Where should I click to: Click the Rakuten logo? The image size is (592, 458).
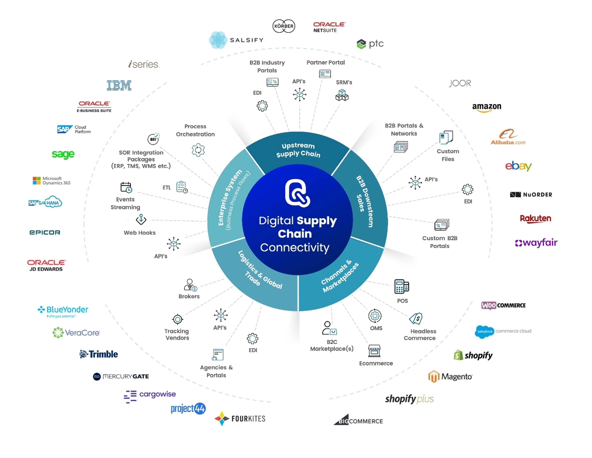tap(535, 219)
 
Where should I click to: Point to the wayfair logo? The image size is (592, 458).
tap(536, 243)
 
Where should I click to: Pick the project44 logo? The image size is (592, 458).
tap(188, 408)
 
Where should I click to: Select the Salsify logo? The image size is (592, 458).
tap(236, 40)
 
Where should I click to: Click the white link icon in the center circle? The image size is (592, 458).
tap(297, 193)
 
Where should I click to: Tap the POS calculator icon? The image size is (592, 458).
tap(401, 286)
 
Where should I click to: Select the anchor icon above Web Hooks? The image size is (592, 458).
tap(141, 219)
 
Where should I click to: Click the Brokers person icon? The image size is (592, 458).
tap(190, 285)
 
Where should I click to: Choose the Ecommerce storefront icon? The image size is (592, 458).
tap(374, 351)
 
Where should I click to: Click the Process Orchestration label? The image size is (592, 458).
tap(195, 130)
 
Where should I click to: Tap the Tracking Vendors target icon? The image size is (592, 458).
tap(178, 319)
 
